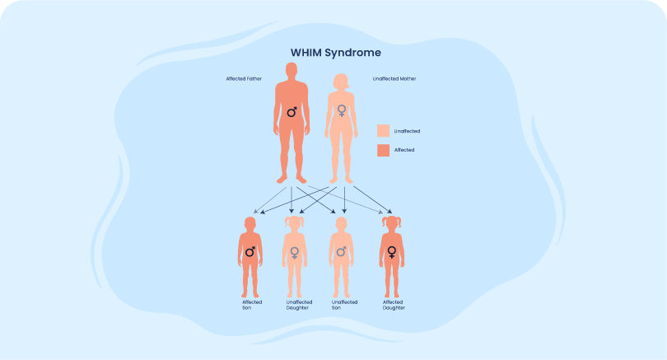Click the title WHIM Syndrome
335,52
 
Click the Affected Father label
244,78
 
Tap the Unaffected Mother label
394,78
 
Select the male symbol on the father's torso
292,110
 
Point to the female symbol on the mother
341,110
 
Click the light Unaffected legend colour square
383,131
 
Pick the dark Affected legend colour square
383,150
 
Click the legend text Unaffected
408,131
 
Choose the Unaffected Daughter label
299,304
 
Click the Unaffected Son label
344,304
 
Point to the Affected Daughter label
393,304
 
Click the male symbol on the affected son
250,251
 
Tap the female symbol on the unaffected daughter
294,252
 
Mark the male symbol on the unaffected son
341,251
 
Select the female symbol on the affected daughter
391,252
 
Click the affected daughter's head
391,225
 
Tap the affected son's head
250,225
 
